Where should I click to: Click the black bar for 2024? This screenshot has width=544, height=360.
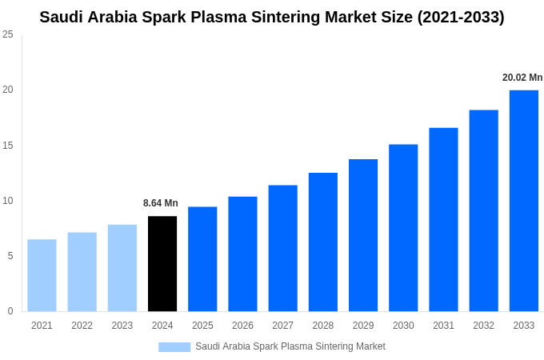pyautogui.click(x=162, y=263)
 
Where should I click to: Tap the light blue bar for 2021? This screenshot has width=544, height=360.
pyautogui.click(x=42, y=275)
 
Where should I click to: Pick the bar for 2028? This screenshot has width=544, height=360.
pyautogui.click(x=323, y=242)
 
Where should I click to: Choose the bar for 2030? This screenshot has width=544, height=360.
pyautogui.click(x=403, y=227)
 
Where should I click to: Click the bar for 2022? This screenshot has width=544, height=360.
pyautogui.click(x=82, y=271)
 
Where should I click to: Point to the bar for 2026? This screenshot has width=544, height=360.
pyautogui.click(x=242, y=254)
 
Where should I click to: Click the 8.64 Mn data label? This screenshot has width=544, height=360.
pyautogui.click(x=161, y=203)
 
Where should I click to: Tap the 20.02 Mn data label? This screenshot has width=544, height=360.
pyautogui.click(x=522, y=78)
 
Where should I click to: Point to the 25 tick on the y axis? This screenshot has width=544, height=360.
pyautogui.click(x=8, y=34)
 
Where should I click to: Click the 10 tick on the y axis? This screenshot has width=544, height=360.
pyautogui.click(x=8, y=201)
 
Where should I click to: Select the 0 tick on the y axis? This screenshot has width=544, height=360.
pyautogui.click(x=10, y=311)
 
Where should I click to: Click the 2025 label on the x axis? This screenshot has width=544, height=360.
pyautogui.click(x=202, y=326)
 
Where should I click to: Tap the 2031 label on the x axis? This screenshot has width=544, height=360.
pyautogui.click(x=443, y=326)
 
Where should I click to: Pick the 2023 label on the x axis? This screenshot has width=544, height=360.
pyautogui.click(x=122, y=326)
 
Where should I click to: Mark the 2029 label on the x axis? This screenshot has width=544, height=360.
pyautogui.click(x=363, y=326)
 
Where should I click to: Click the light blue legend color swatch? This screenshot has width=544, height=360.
pyautogui.click(x=174, y=347)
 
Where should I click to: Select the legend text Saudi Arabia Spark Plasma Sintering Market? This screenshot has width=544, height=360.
pyautogui.click(x=290, y=346)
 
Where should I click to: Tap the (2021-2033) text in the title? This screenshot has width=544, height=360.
pyautogui.click(x=461, y=17)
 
